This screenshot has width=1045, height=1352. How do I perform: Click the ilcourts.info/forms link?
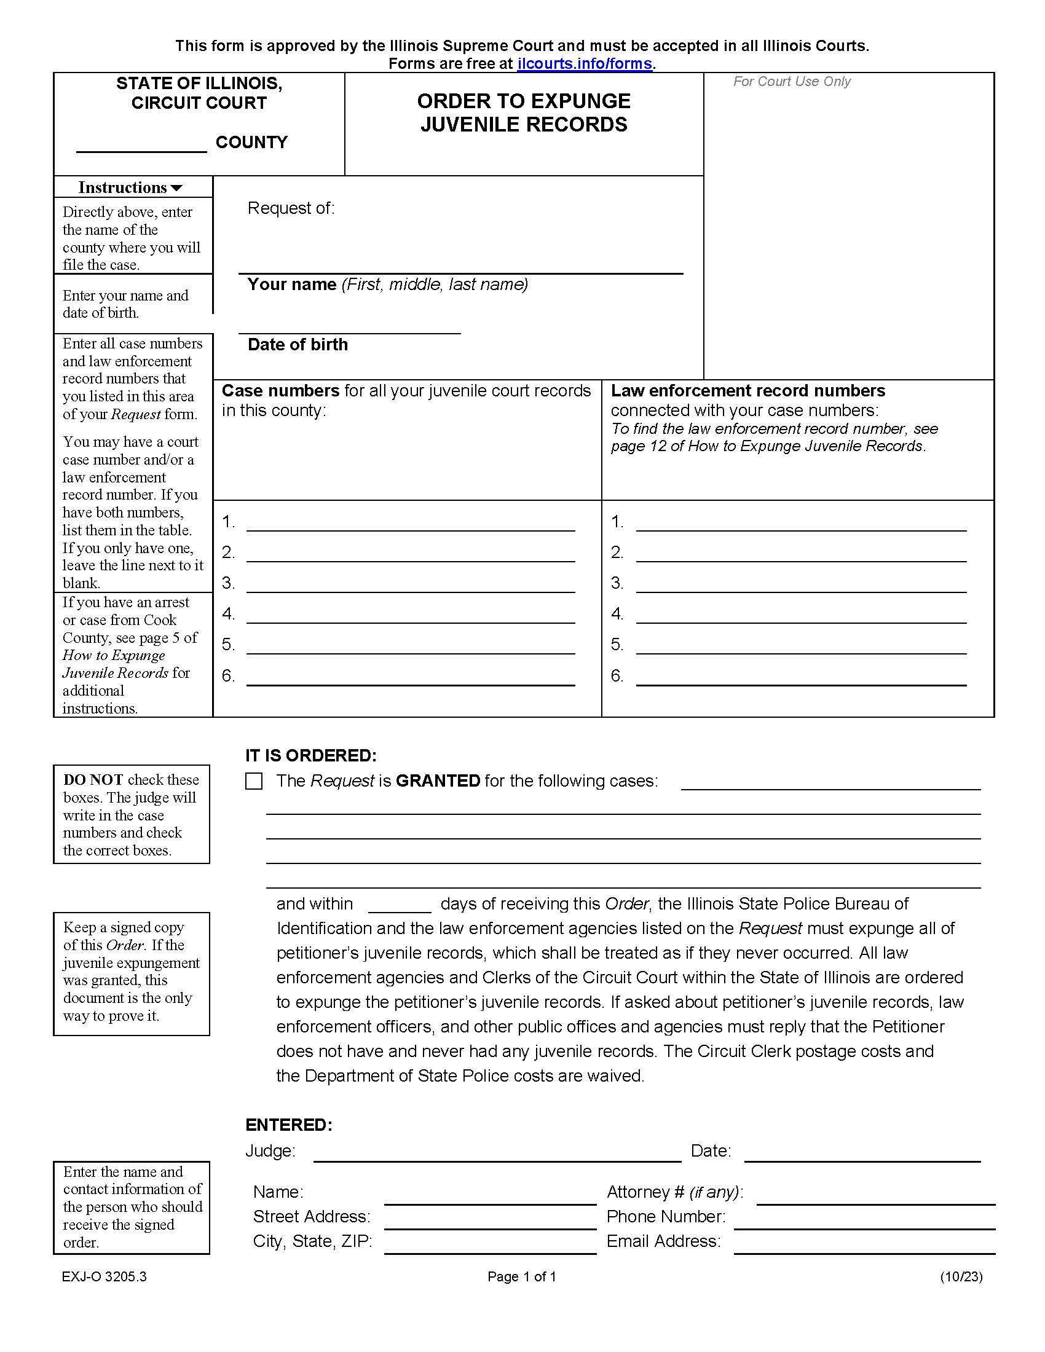(585, 64)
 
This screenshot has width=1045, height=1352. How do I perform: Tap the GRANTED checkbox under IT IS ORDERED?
(254, 781)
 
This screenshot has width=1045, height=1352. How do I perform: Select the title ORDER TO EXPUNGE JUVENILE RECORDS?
(524, 112)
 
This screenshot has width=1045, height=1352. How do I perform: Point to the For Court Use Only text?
(791, 82)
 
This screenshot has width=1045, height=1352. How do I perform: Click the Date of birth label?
(298, 345)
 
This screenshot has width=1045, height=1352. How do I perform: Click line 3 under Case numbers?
(411, 585)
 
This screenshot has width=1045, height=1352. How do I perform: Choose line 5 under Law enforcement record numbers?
(801, 647)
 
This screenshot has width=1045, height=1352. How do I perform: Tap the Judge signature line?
(497, 1154)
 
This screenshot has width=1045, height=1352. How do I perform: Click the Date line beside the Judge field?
(862, 1154)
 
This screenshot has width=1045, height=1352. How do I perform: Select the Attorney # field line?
(875, 1197)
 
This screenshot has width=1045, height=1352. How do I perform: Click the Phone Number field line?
(864, 1220)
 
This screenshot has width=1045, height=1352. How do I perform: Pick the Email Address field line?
(864, 1246)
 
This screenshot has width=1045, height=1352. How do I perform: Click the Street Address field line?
(490, 1220)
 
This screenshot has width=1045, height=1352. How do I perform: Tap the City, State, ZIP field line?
(490, 1246)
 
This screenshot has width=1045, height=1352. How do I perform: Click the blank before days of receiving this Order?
(400, 905)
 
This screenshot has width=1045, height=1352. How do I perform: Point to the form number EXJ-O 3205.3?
(104, 1276)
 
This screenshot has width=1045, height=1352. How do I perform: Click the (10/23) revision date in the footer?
(961, 1276)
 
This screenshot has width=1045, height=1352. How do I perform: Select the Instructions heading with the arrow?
(130, 187)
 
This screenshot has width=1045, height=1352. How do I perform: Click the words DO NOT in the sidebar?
(93, 780)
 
